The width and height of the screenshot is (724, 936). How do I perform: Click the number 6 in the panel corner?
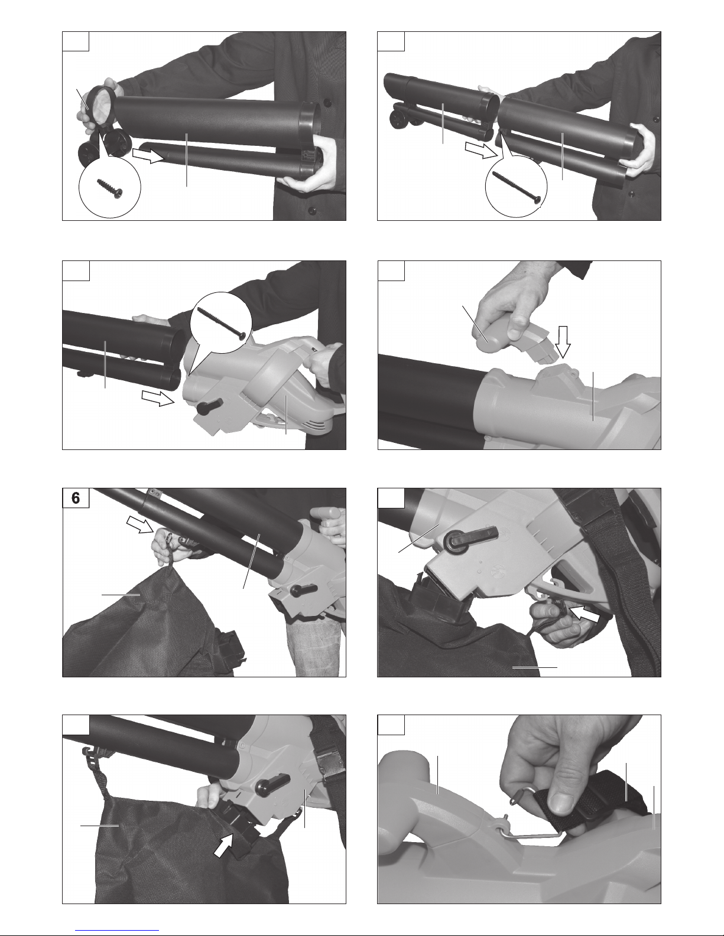pyautogui.click(x=76, y=498)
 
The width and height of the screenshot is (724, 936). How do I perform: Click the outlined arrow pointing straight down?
pyautogui.click(x=563, y=342)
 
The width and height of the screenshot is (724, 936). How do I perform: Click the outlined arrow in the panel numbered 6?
pyautogui.click(x=140, y=525)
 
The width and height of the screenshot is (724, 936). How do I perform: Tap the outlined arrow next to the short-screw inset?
pyautogui.click(x=149, y=155)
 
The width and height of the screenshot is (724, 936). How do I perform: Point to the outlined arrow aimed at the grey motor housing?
pyautogui.click(x=158, y=399)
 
